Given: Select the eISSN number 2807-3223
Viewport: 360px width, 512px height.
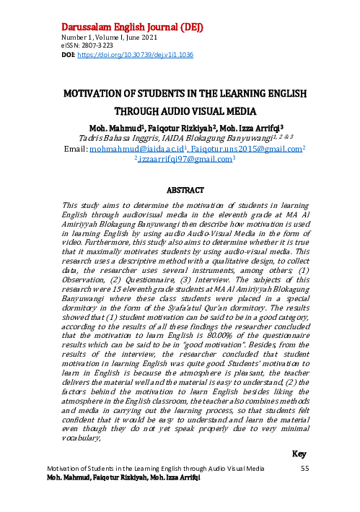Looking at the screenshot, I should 91,46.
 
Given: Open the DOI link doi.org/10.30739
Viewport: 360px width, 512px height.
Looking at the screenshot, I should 134,55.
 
